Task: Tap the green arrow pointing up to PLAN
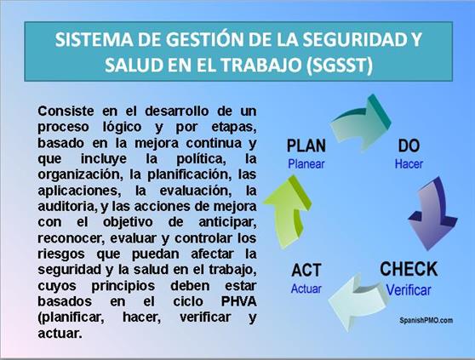(x=288, y=210)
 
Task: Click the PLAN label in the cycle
(x=306, y=146)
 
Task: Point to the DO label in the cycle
(x=409, y=146)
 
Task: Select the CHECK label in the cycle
(x=409, y=269)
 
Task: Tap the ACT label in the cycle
(x=306, y=270)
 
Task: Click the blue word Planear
(x=306, y=164)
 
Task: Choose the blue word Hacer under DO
(x=409, y=164)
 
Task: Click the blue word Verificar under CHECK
(x=409, y=290)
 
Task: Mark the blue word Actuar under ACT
(x=306, y=289)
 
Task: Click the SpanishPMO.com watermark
(x=426, y=320)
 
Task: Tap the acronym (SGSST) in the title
(x=340, y=64)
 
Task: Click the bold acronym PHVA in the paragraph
(x=238, y=301)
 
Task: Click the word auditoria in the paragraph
(x=66, y=207)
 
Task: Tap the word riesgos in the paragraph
(x=61, y=254)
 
